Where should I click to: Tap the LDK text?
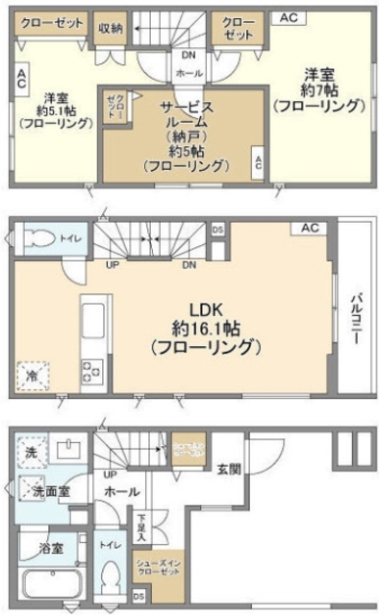click(206, 310)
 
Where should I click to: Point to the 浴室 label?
click(51, 549)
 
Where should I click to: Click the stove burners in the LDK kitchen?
click(94, 371)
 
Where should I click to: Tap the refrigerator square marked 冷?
click(33, 373)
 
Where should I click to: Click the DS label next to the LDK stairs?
click(217, 231)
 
